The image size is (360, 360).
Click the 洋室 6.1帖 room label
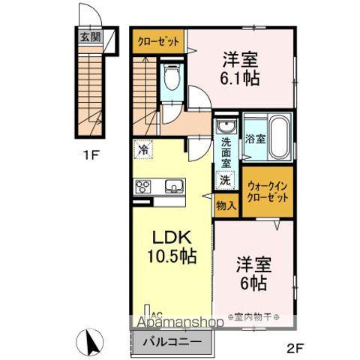tap(241, 68)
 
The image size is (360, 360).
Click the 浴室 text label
tap(254, 139)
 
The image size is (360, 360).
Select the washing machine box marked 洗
tap(224, 180)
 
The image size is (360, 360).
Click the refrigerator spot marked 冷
tap(142, 149)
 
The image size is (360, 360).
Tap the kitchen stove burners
tap(143, 187)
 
